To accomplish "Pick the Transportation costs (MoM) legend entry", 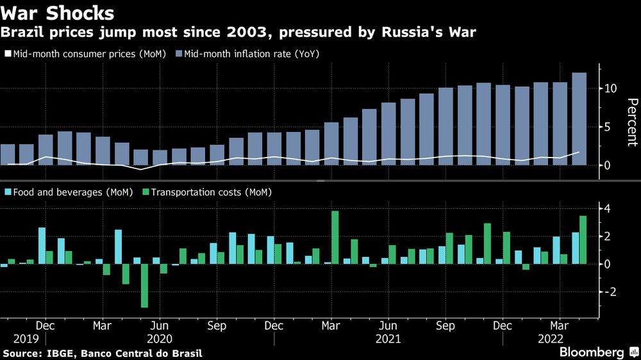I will coord(208,192).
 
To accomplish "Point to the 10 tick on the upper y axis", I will coord(610,88).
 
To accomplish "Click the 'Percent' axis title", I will coord(631,122).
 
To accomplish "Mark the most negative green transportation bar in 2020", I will coord(145,286).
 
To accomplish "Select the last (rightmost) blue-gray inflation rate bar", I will coord(579,119).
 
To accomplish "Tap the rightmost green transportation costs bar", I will coord(583,240).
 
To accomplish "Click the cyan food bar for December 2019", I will coord(42,245).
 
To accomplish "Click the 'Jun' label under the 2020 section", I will coord(159,325).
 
